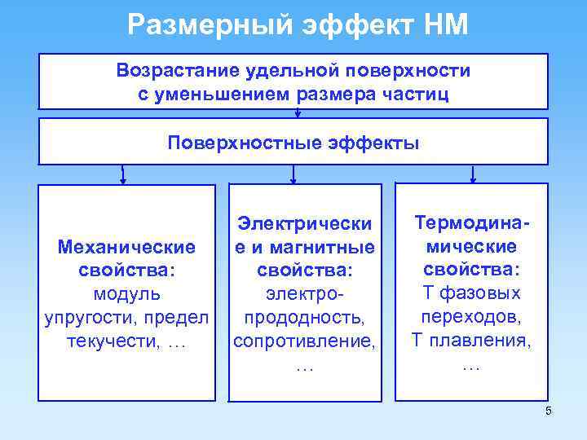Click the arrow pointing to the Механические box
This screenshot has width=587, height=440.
[123, 174]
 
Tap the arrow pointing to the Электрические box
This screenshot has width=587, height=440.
[293, 174]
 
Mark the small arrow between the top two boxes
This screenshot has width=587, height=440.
[298, 113]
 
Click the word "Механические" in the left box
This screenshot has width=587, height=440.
[127, 246]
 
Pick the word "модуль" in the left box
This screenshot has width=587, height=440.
[127, 293]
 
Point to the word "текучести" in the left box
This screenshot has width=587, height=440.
[112, 341]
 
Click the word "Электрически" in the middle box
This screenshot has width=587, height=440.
[304, 223]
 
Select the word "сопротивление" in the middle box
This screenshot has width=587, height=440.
[304, 341]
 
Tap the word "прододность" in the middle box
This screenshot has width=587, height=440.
[304, 317]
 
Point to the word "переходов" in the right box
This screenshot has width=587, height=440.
[472, 317]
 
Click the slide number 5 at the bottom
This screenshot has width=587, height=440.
[549, 411]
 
